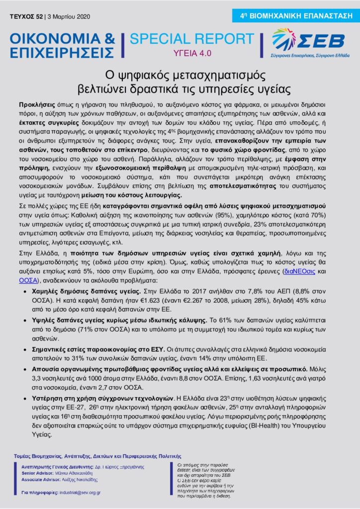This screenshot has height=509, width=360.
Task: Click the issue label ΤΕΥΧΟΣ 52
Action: tap(26, 16)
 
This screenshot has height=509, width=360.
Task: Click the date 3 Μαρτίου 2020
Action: tap(69, 16)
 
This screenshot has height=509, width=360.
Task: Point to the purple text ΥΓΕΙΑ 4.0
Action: tap(191, 53)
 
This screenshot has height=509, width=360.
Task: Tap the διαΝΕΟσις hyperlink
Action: tap(298, 272)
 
